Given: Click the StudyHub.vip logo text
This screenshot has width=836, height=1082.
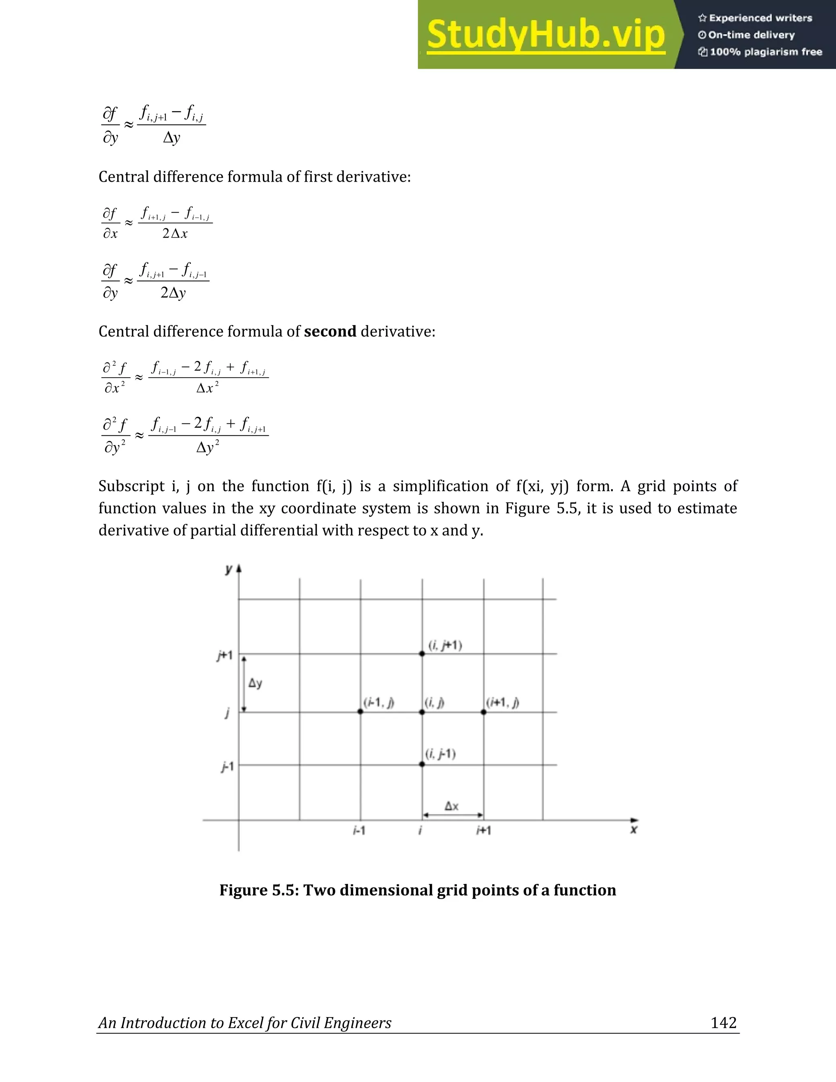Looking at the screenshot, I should pos(545,35).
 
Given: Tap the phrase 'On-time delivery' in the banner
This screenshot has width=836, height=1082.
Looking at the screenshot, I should pos(751,35).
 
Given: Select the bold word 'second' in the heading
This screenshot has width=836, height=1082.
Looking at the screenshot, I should pos(330,332).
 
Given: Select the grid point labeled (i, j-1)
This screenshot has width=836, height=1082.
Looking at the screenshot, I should pos(422,764).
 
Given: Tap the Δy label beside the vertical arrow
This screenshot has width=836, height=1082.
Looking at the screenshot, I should pos(255,683).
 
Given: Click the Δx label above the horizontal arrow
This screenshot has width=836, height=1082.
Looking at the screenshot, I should pos(451,806).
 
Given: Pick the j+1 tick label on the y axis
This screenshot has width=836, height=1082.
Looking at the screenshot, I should pos(225,655).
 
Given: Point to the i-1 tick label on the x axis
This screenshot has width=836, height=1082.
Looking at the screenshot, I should pos(359,831).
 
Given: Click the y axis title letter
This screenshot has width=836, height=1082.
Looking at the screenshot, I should pos(228,569).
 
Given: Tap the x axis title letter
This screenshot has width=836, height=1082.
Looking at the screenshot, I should pos(634,829).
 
